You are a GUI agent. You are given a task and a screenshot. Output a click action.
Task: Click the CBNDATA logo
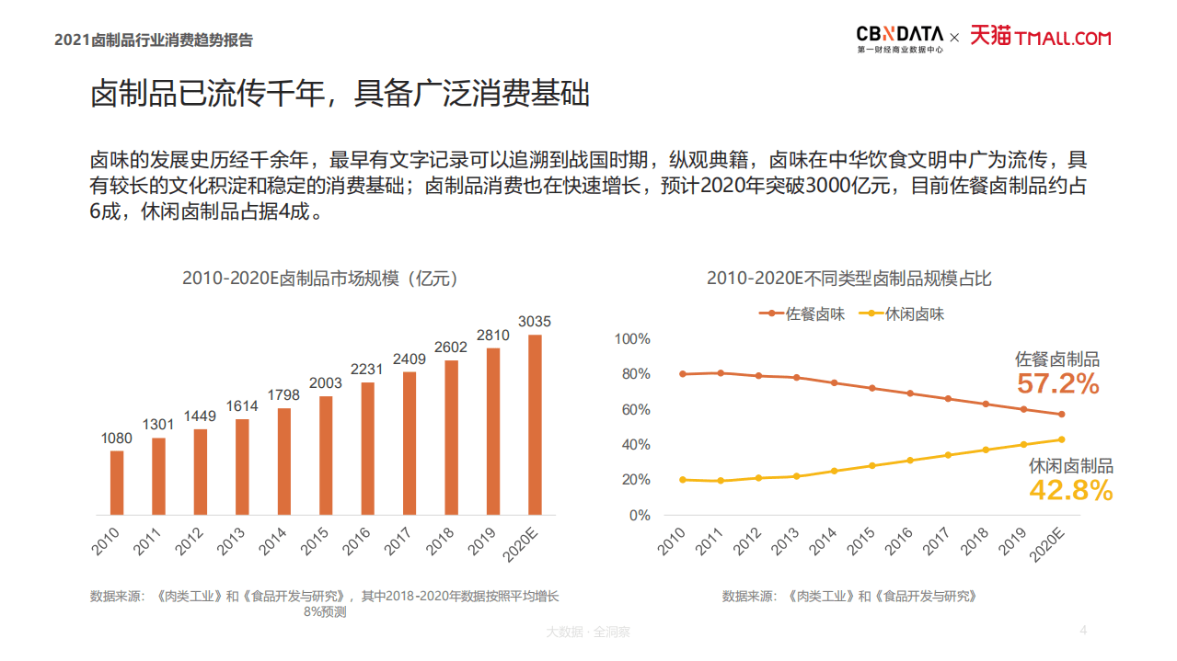[899, 38]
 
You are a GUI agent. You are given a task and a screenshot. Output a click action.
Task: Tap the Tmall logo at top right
[1041, 37]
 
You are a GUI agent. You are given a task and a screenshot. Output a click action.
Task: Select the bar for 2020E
[535, 424]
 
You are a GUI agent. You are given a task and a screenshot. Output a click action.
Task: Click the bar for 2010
[117, 482]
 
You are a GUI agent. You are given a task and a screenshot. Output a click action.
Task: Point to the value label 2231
[367, 370]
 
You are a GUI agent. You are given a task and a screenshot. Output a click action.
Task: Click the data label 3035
[535, 322]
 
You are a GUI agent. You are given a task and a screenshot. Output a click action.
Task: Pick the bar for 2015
[326, 454]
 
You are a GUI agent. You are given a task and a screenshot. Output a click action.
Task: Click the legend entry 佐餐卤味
[802, 314]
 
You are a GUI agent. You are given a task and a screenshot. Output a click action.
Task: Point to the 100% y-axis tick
[632, 339]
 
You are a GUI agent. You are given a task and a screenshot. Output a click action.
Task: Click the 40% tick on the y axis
[635, 445]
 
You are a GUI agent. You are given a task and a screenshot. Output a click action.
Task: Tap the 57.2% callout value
[1057, 384]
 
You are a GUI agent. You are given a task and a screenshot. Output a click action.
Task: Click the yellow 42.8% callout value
[1070, 491]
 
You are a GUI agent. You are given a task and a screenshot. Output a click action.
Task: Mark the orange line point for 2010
[682, 374]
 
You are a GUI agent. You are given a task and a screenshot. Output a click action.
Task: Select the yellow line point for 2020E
[1061, 439]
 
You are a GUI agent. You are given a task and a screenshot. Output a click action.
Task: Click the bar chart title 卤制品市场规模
[319, 279]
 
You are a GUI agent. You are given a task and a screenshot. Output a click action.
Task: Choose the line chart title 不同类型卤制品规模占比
[849, 279]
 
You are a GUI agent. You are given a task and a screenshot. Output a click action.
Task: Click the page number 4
[1083, 631]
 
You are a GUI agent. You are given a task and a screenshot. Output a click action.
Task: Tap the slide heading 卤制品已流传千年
[340, 95]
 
